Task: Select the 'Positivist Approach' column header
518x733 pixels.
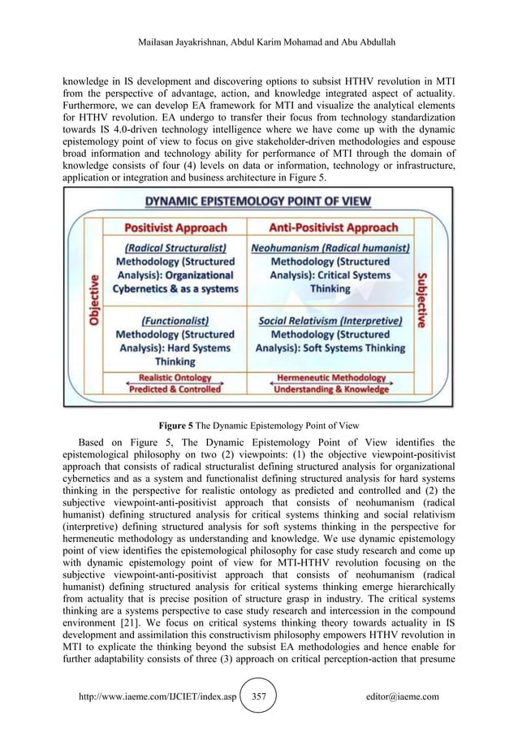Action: click(x=175, y=228)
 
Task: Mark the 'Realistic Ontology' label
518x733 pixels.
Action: click(x=175, y=378)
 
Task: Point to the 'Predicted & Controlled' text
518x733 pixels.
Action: click(x=175, y=389)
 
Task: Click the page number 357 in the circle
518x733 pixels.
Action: click(x=259, y=696)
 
